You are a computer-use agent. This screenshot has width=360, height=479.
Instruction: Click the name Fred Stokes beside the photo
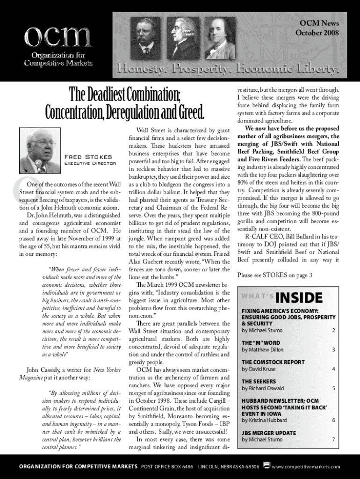87,157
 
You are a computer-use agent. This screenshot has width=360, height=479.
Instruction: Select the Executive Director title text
87,164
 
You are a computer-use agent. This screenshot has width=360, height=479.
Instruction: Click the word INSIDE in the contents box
299,298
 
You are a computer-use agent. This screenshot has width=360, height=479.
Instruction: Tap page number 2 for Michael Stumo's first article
333,331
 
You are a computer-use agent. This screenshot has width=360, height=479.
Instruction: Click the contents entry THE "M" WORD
261,343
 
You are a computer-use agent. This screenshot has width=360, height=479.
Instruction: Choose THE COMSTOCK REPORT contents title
273,362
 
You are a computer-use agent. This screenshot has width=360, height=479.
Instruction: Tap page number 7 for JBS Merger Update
333,440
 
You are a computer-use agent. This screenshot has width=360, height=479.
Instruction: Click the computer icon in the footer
266,465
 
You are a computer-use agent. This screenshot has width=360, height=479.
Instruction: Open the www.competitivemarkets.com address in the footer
306,466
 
